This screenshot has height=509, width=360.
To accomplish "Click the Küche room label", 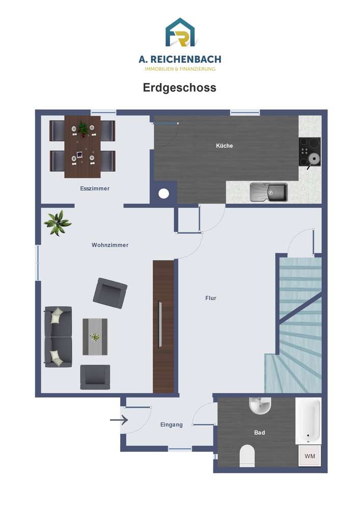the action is tap(225, 146).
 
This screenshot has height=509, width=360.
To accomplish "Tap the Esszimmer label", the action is tap(95, 188).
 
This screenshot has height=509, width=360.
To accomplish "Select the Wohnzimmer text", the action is tap(110, 245).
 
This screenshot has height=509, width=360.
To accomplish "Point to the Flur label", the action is tap(211, 298).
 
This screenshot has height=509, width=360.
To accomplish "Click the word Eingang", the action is tap(172, 425).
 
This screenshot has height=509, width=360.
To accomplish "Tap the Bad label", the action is tap(259, 432).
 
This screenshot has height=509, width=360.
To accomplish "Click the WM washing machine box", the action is tap(310, 456).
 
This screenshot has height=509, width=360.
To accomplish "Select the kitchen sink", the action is tap(268, 192).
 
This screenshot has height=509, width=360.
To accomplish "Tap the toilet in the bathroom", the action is tap(247, 456).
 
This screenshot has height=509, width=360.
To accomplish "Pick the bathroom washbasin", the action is tap(260, 406).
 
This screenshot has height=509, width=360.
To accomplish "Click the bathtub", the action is tap(308, 421).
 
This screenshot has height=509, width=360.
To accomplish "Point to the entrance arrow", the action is tap(119, 420).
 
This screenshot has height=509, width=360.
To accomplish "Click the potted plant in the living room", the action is tap(58, 223).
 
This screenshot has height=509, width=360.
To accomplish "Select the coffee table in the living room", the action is tap(95, 336).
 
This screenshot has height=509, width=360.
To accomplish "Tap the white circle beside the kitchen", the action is tap(163, 194).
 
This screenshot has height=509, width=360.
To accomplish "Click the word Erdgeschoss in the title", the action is tap(180, 88).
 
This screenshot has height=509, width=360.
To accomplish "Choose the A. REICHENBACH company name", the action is tap(180, 59).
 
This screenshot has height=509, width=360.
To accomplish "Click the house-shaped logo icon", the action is tap(180, 32).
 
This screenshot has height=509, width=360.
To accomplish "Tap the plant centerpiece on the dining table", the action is tap(83, 129).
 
